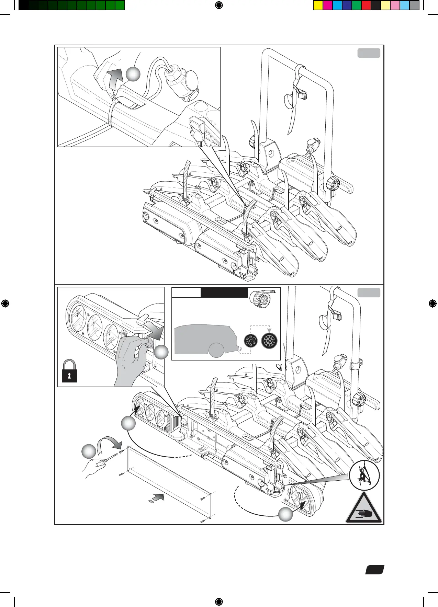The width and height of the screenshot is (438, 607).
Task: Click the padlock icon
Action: point(69,371)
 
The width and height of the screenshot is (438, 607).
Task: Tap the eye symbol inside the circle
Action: point(363,477)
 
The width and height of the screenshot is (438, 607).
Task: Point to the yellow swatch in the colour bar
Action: point(318,5)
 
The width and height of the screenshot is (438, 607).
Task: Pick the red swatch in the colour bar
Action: point(366,5)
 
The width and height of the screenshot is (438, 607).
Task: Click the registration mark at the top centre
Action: point(219,5)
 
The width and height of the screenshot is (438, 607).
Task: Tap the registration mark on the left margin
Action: point(5,303)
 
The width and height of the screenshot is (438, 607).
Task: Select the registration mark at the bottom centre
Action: point(219,602)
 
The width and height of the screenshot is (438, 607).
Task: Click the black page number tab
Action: point(374,570)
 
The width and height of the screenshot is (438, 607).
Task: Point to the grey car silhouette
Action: point(204,339)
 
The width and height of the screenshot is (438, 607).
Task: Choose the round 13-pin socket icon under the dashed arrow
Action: point(269,341)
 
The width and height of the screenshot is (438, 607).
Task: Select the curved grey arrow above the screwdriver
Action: point(110,443)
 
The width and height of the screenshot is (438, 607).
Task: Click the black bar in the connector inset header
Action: point(224,293)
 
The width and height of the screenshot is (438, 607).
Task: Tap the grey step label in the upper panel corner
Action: point(369,53)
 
